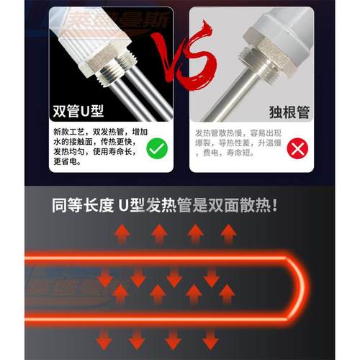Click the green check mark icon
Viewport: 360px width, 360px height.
156,149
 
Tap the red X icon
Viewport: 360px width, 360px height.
297,150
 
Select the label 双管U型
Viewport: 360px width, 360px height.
78,112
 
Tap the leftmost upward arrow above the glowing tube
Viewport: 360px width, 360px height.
120,234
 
